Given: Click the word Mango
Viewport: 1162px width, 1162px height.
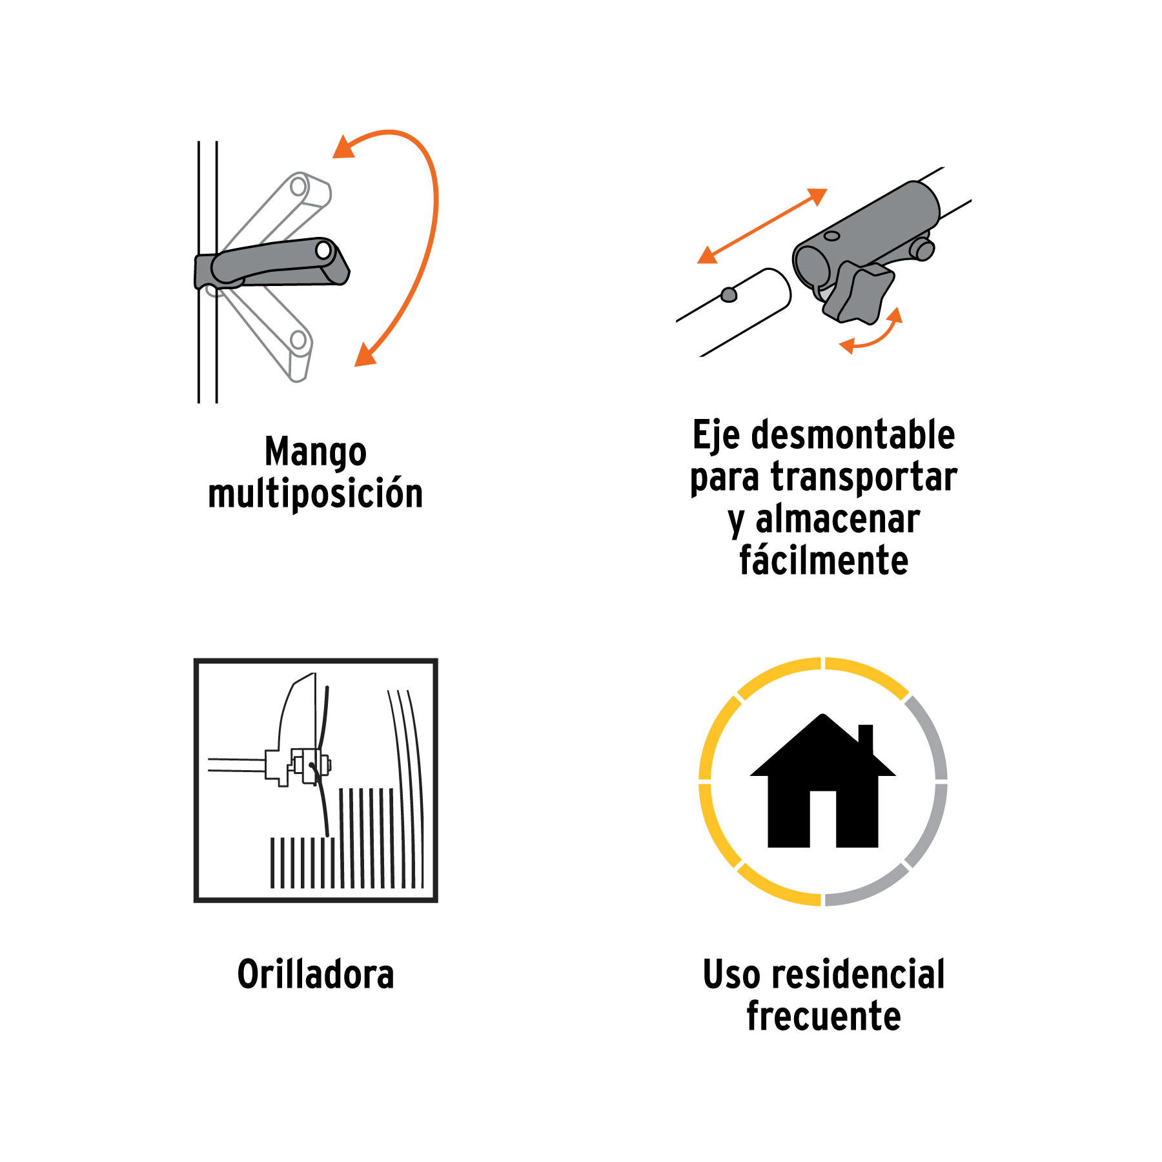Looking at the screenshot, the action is pos(316,453).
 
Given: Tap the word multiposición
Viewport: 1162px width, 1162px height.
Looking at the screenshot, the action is pos(316,493).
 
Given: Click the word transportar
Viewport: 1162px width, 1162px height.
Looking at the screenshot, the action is pos(864,477).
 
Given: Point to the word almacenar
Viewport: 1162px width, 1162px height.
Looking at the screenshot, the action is pos(837,519).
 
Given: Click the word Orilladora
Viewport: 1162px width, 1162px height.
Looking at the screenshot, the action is pos(316,974).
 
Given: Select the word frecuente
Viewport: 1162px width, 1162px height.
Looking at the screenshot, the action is pos(824,1016).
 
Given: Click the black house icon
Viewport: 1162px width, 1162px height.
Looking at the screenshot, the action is pos(822,781).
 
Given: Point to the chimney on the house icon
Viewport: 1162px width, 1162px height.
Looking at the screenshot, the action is pos(866,739).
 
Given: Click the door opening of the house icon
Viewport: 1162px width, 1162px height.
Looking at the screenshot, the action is pos(822,819).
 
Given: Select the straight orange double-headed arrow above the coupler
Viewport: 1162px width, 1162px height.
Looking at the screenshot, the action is pos(762,226).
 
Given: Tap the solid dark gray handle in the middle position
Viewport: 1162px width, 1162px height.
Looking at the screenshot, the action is pos(272,264).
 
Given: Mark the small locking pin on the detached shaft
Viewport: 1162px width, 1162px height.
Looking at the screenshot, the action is pos(729,294).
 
